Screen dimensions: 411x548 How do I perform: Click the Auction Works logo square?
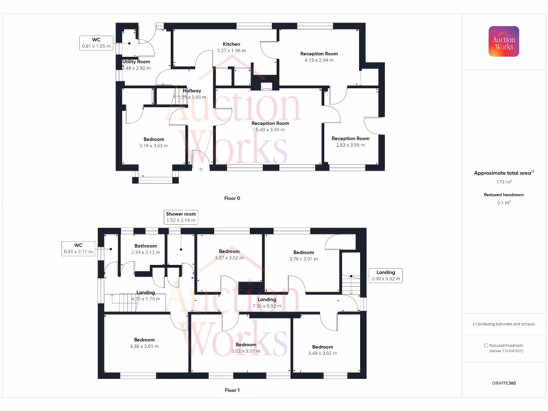tap(504, 41)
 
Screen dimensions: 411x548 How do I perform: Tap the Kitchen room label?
tap(232, 44)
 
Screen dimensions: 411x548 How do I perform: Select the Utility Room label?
tap(136, 62)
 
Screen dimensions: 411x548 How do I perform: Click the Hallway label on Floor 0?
tap(192, 90)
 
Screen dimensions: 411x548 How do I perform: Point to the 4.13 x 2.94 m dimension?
tap(319, 60)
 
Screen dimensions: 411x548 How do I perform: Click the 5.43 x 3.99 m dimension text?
tap(270, 130)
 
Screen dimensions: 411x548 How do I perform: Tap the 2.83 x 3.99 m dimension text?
tap(350, 145)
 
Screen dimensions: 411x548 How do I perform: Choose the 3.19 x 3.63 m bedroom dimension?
tap(154, 146)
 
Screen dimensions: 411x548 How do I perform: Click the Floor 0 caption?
tap(232, 198)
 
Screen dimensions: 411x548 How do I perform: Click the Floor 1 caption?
tap(232, 390)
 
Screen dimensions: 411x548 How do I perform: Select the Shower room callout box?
tap(181, 217)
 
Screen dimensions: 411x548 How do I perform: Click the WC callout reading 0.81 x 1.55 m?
tap(96, 43)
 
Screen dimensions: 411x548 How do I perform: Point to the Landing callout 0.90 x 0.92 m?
tap(385, 276)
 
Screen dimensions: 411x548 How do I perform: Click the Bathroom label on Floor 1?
tap(146, 246)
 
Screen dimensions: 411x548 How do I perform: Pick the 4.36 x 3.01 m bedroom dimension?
tap(144, 346)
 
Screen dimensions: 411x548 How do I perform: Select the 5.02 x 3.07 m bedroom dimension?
tap(246, 351)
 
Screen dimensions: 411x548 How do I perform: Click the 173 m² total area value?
tap(504, 182)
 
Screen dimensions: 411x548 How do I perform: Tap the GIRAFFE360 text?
tap(504, 383)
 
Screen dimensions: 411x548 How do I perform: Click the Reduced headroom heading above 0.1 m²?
tap(504, 195)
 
